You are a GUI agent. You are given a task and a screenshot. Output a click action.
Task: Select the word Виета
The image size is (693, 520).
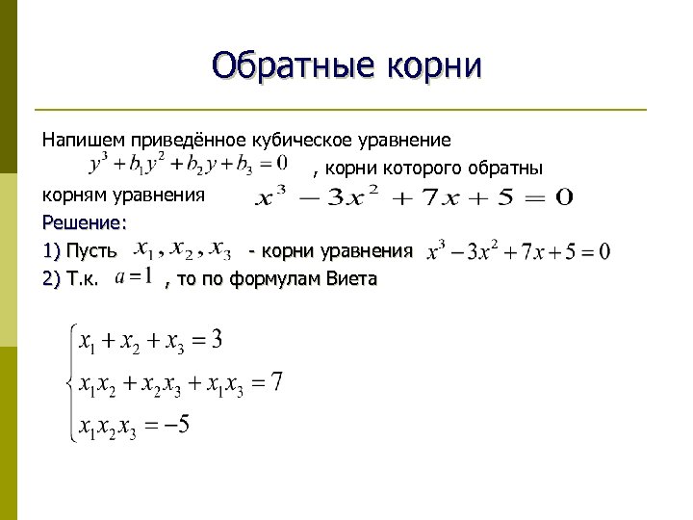[351, 279]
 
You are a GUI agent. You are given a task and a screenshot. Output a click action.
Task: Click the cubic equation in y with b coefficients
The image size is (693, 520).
[188, 163]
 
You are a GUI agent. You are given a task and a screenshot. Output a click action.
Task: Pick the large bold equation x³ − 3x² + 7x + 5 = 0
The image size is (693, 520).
[413, 197]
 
